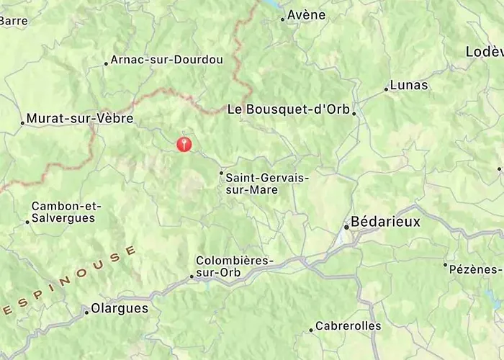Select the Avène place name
click(x=306, y=15)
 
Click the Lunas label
click(x=408, y=85)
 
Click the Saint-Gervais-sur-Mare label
click(x=257, y=184)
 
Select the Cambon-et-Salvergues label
click(x=66, y=212)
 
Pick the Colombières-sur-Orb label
click(x=235, y=266)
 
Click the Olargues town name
click(x=120, y=308)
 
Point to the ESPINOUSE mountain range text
click(x=68, y=283)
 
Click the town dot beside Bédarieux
click(x=346, y=227)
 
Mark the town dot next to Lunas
click(x=386, y=89)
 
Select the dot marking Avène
click(x=282, y=19)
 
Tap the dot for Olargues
click(x=86, y=312)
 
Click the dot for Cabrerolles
click(x=311, y=330)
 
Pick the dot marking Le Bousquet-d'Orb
click(x=354, y=113)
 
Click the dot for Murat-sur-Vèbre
click(x=22, y=122)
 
